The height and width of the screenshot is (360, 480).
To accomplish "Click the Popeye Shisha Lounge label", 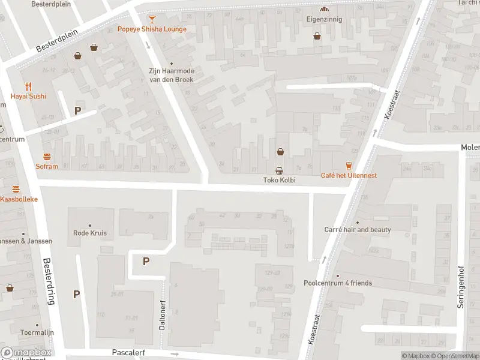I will [152, 29].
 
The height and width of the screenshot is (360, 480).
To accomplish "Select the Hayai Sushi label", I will [28, 96].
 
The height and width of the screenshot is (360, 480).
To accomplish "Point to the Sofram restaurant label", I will [46, 167].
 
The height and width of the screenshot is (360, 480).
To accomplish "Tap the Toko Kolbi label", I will [280, 180].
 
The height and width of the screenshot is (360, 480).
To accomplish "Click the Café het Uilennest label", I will [349, 175].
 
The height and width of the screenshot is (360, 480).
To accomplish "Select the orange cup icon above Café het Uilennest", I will [349, 166].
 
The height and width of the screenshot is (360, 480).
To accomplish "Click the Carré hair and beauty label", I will [358, 230].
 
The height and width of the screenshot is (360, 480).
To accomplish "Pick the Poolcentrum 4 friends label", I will [338, 283].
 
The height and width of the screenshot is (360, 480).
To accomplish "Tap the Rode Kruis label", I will [89, 233].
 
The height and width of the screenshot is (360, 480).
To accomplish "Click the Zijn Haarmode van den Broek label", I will [172, 74].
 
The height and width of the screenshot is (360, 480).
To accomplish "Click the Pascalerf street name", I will [128, 353].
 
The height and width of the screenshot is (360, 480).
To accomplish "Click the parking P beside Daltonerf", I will [146, 261].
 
